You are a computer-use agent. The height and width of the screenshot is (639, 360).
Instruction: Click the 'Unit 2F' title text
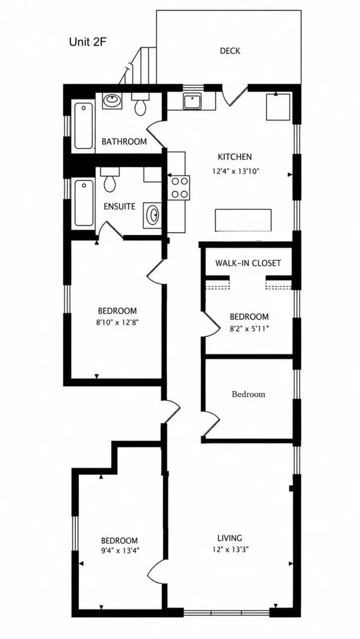pos(88,41)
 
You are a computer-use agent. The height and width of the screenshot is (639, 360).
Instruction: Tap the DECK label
pos(230,51)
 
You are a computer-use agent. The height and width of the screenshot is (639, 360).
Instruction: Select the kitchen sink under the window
pos(192,101)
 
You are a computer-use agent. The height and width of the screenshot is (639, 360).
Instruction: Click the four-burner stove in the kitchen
pos(179,188)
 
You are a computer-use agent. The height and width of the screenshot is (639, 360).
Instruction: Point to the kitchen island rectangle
pos(243,221)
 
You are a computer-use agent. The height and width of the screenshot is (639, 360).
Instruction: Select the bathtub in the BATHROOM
pos(83,125)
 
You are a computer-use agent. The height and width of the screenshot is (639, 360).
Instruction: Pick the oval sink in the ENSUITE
pos(153,215)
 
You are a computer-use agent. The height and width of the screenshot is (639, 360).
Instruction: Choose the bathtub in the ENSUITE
pos(83,203)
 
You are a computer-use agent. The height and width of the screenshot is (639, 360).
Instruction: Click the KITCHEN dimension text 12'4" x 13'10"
pos(236,172)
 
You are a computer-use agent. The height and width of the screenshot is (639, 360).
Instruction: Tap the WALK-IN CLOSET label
pos(248,263)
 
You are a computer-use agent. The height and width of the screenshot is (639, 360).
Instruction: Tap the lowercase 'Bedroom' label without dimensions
pos(248,394)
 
